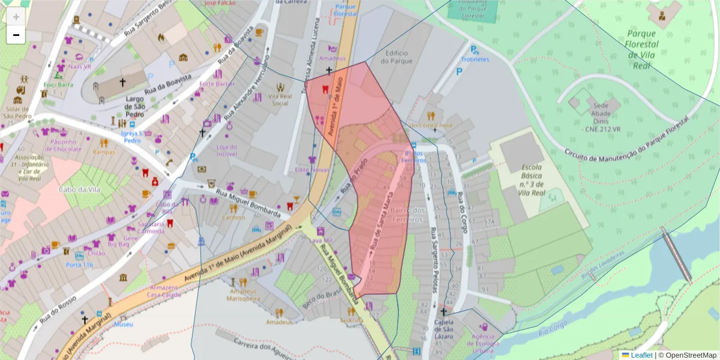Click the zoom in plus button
[16, 17]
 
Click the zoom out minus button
[16, 35]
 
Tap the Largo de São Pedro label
[135, 106]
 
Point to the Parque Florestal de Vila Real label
[641, 49]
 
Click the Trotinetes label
[475, 59]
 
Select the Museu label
[123, 324]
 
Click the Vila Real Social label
[280, 100]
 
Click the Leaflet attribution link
[641, 355]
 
